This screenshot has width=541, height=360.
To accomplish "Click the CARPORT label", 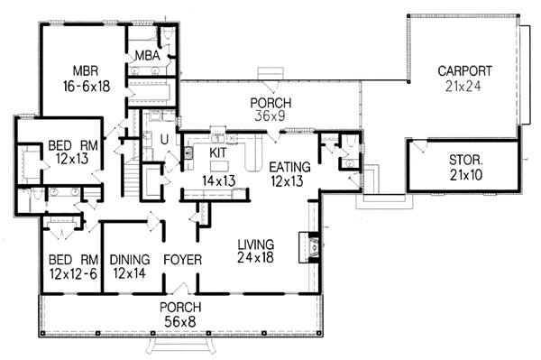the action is [x=464, y=70].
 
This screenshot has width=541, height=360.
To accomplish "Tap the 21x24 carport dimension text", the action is [x=463, y=87].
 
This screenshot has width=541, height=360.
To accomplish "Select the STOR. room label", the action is [x=466, y=160].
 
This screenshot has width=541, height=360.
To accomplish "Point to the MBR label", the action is [x=86, y=70].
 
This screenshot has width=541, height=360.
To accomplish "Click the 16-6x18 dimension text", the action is [x=87, y=87].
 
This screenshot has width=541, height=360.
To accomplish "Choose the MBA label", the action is [x=147, y=55].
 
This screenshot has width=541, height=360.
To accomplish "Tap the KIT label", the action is [x=218, y=152].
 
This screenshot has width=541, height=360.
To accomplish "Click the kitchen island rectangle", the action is [x=219, y=166].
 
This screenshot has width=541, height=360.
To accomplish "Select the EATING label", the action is [x=289, y=167].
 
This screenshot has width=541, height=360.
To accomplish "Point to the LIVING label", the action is [x=256, y=245].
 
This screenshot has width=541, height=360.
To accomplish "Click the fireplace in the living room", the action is [x=309, y=247].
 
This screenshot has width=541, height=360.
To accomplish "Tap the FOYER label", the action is [x=182, y=260].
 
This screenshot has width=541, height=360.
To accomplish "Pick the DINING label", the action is [x=130, y=260].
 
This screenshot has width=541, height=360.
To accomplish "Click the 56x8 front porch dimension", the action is [x=179, y=322].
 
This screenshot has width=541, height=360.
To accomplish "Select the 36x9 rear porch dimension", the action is [x=270, y=116].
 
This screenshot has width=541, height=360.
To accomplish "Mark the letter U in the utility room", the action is [x=165, y=140].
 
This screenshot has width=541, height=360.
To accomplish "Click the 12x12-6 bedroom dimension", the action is [x=73, y=273].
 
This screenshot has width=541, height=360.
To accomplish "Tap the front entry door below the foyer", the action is [x=180, y=290].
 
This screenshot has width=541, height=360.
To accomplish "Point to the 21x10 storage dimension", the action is [x=466, y=175].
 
